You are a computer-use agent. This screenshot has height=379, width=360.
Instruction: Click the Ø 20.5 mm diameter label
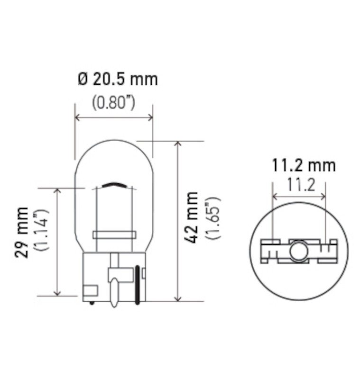pyautogui.click(x=118, y=80)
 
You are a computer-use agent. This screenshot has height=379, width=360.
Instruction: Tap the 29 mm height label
pyautogui.click(x=21, y=232)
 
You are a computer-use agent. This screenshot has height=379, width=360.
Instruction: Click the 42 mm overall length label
pyautogui.click(x=191, y=217)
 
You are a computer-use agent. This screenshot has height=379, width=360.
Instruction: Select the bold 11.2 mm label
pyautogui.click(x=304, y=165)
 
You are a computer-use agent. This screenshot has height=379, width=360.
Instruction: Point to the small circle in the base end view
pyautogui.click(x=299, y=251)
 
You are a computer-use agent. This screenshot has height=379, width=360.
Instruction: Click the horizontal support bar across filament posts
pyautogui.click(x=115, y=235)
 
